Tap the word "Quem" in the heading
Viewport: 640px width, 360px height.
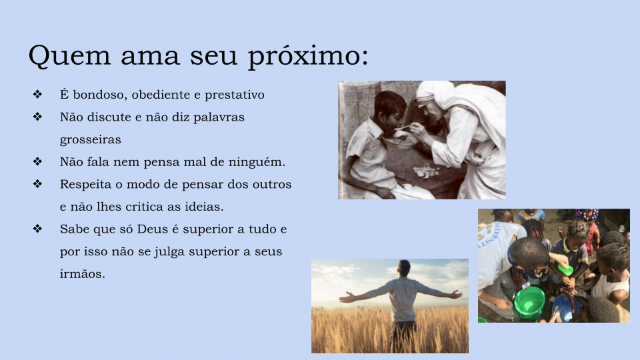pos(69,55)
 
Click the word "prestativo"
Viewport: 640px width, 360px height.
pos(234,95)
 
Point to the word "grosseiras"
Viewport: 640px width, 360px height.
pos(90,140)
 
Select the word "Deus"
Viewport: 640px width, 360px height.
pos(152,229)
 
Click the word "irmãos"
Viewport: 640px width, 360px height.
pos(82,274)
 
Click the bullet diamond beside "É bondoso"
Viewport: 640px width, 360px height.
pos(37,94)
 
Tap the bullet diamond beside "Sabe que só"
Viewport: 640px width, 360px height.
pos(37,229)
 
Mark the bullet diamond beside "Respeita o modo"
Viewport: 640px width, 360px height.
pos(37,184)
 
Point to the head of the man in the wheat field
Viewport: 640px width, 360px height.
pos(404,269)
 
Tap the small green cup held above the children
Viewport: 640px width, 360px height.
pos(565,269)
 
